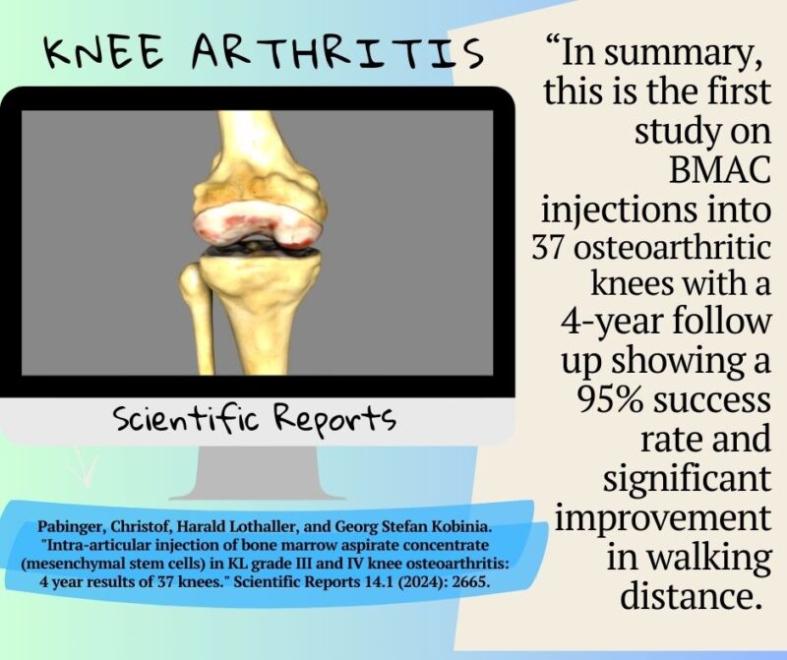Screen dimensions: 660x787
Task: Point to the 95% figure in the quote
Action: [609, 402]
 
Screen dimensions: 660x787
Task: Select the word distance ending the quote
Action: [677, 595]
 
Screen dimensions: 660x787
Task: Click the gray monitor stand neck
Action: [259, 472]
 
